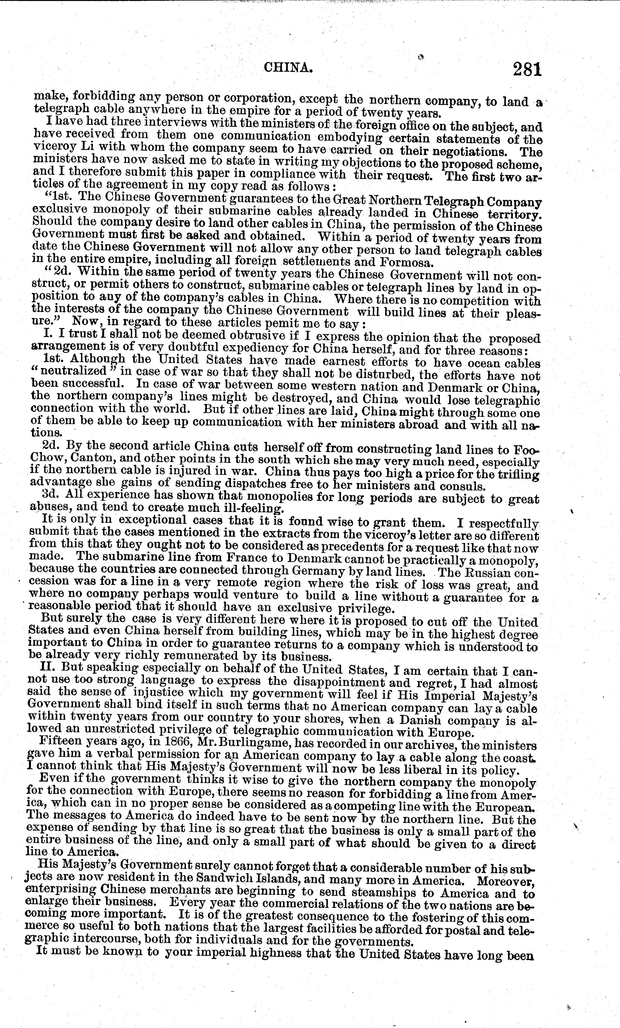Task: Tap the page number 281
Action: tap(527, 69)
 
